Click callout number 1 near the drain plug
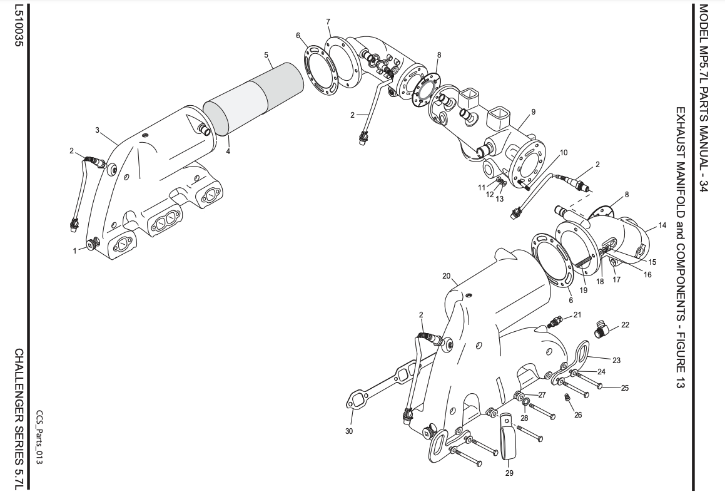pos(74,250)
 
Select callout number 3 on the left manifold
pos(97,130)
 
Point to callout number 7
pos(328,22)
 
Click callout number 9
pos(533,112)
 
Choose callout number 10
pos(564,152)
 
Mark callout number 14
pos(663,225)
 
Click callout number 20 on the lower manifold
pos(446,275)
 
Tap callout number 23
pos(616,360)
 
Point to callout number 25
pos(624,388)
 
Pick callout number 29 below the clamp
pos(509,473)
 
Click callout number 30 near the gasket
pos(348,431)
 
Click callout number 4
pos(228,151)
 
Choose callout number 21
pos(577,314)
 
